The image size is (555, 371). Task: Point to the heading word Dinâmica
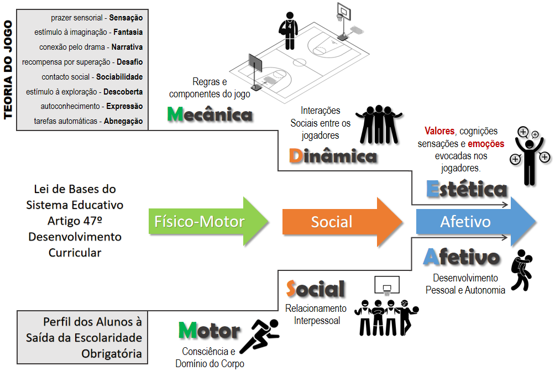332,156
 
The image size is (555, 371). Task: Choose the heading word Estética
467,189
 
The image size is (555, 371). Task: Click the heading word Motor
209,331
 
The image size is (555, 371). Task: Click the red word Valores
439,131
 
